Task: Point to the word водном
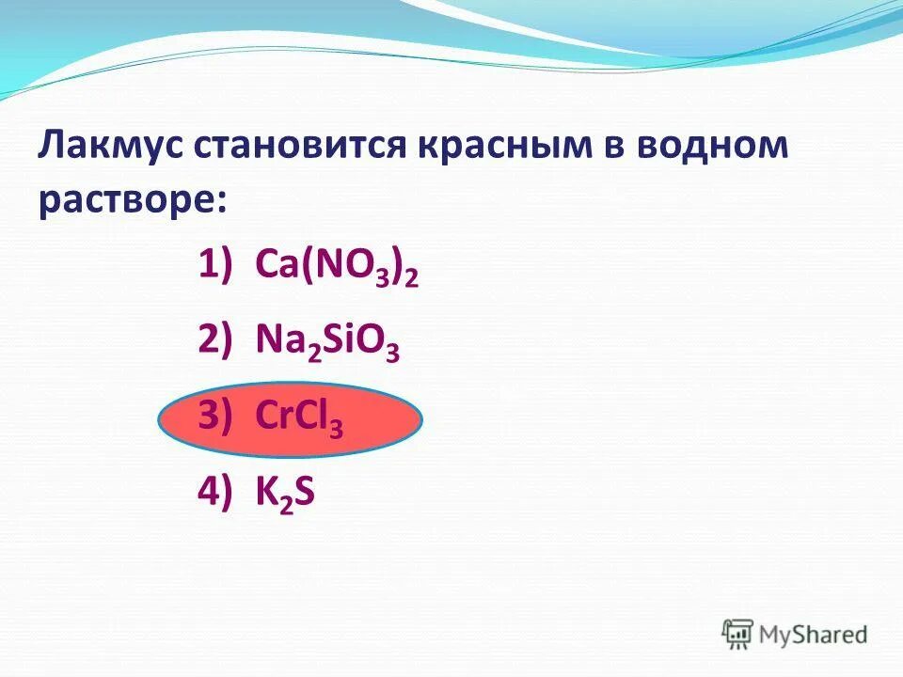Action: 718,148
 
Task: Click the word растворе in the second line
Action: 127,200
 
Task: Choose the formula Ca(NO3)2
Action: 337,268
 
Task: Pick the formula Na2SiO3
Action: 327,343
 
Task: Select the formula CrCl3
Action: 299,418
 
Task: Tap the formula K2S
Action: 285,494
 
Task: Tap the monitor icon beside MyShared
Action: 738,633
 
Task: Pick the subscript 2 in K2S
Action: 283,504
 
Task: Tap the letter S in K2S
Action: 303,494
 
